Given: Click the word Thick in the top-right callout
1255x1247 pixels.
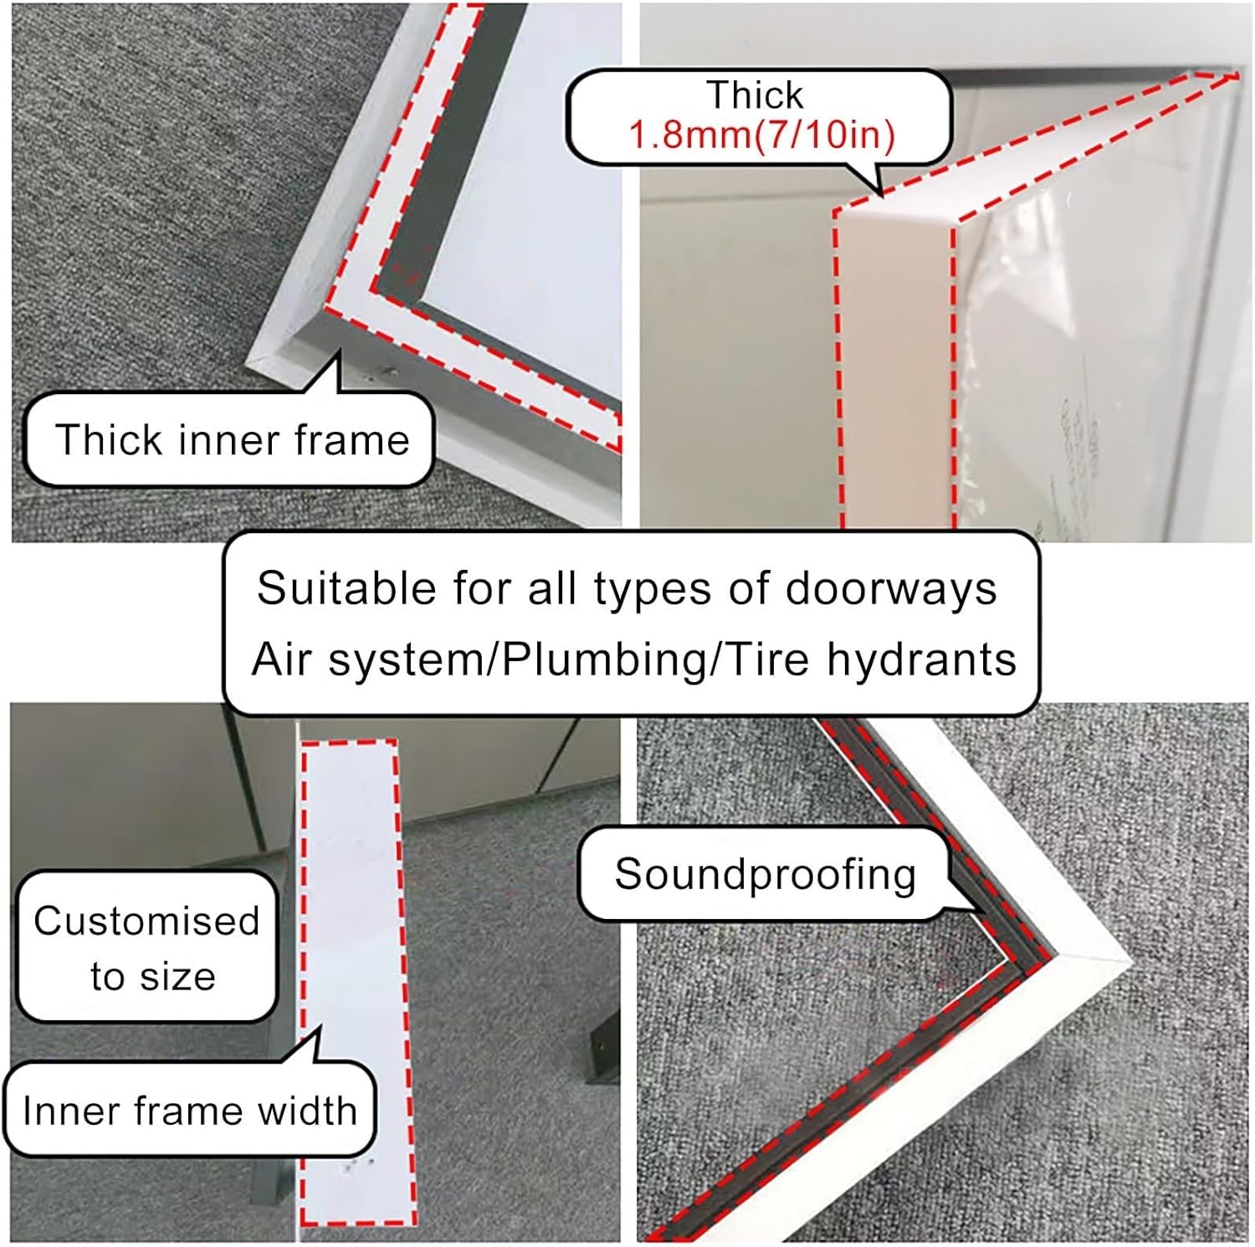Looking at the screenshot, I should point(755,95).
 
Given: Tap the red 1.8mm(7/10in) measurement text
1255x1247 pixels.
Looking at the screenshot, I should point(761,135).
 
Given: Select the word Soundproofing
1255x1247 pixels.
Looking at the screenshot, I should point(765,875).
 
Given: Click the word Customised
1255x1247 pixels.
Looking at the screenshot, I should point(146,921).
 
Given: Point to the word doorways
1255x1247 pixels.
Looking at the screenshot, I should point(891,588).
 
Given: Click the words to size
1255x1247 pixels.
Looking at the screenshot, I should point(153,977).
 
